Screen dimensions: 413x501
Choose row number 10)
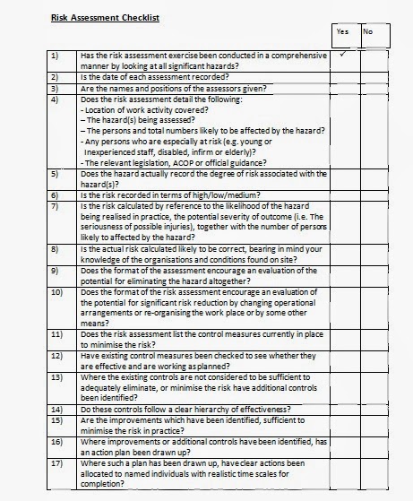coord(56,292)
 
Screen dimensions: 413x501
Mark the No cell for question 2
coord(374,77)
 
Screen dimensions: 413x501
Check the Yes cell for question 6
coord(345,194)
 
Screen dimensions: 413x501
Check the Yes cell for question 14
coord(345,409)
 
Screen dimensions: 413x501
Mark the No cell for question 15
coord(374,424)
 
